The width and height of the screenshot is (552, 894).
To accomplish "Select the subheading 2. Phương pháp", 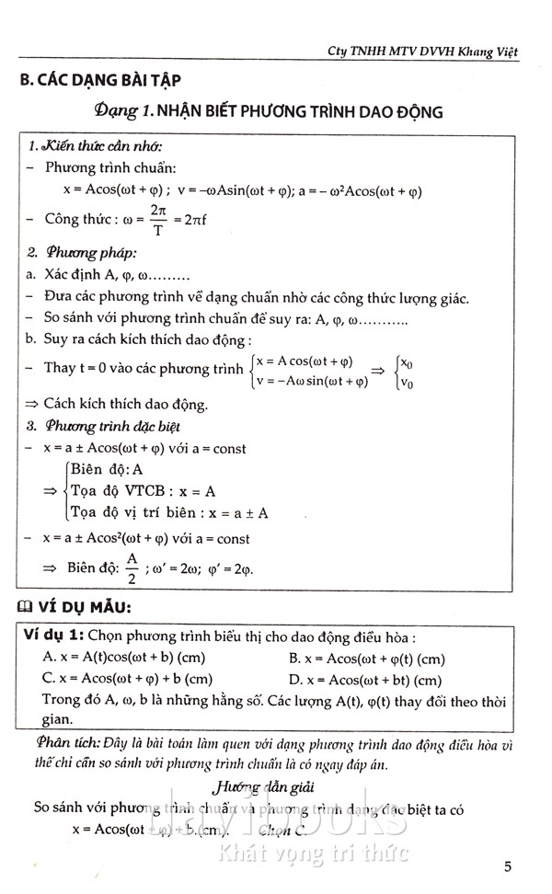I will coord(81,253).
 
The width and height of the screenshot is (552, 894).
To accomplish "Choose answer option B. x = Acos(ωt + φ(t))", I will coord(366,658).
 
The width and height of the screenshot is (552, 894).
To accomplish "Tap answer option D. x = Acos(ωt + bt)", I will coord(364,680).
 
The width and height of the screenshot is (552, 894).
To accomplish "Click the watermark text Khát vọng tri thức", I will coord(313,853).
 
